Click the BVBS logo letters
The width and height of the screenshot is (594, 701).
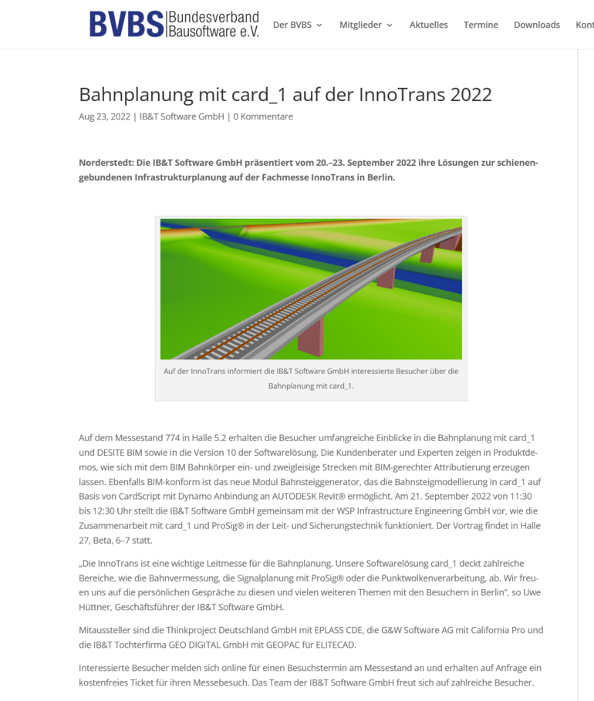tap(127, 24)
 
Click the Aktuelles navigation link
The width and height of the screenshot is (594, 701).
tap(428, 25)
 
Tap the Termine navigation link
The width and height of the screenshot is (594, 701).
tap(481, 25)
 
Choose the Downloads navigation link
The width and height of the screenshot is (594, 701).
tap(536, 25)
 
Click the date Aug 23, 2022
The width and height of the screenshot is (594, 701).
tap(104, 116)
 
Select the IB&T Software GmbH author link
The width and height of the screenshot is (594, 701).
tap(181, 116)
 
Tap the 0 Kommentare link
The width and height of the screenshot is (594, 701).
tap(263, 116)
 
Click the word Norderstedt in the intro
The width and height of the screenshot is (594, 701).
tap(106, 163)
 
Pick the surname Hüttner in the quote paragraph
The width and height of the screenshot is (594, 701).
tap(97, 607)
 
